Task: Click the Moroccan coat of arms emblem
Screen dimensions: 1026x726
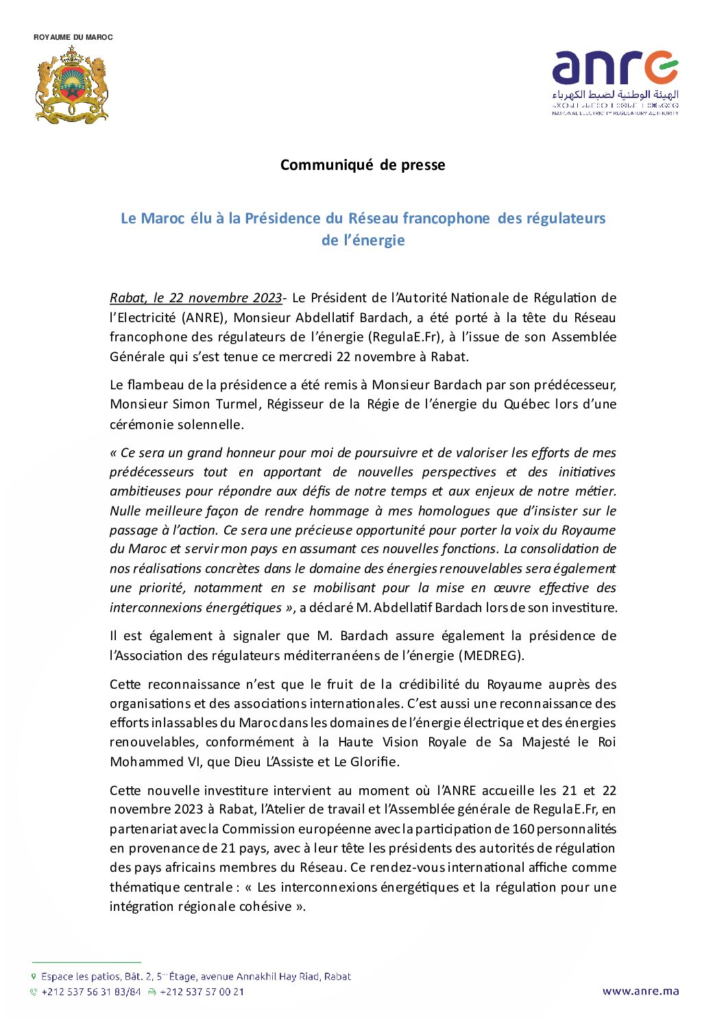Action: [72, 85]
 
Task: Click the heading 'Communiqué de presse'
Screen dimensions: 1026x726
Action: [363, 165]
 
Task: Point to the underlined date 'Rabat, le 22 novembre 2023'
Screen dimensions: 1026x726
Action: [196, 298]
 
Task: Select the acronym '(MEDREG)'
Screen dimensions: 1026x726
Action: [492, 656]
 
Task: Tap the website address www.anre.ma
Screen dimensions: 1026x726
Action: [640, 991]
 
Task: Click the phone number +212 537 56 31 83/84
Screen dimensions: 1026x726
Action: [90, 992]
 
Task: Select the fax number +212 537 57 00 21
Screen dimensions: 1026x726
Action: [202, 992]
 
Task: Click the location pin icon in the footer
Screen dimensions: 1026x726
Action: [34, 977]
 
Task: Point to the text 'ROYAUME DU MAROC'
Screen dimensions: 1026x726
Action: [73, 37]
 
